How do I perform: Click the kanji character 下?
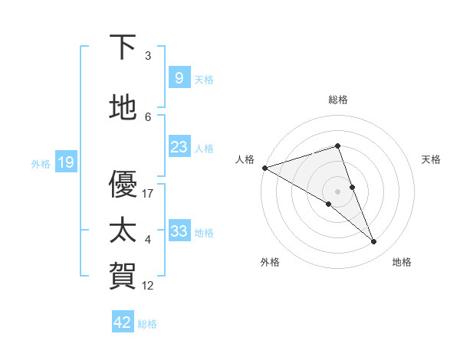coord(123,47)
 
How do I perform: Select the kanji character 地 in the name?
coord(123,108)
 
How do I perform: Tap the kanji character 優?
coord(123,185)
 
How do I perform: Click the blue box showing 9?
coord(179,78)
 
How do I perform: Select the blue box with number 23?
coord(179,147)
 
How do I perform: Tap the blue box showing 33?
coord(179,231)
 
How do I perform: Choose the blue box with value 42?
coord(123,322)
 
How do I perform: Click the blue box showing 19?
coord(65,162)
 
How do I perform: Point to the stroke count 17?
coord(149,194)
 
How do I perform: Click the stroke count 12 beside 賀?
coord(149,286)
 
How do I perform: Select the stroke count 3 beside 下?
coord(148,56)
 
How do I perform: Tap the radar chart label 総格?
coord(338,100)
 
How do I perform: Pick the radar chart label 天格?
coord(432,159)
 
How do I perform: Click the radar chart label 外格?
coord(270,262)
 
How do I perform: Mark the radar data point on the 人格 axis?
coord(264,167)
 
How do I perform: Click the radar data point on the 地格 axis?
coord(374,242)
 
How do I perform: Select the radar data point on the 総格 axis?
coord(337,146)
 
